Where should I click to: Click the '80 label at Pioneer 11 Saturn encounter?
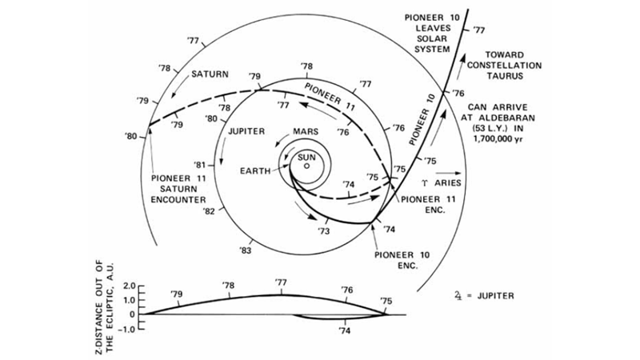(x=132, y=136)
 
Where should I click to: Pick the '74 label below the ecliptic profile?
(x=345, y=329)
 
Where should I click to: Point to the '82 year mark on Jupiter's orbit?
(x=209, y=212)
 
